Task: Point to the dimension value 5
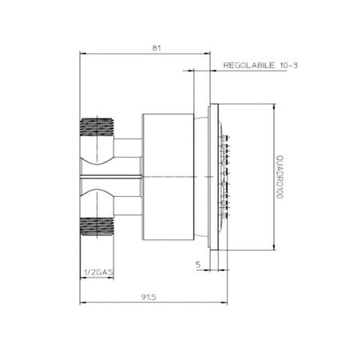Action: [197, 263]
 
